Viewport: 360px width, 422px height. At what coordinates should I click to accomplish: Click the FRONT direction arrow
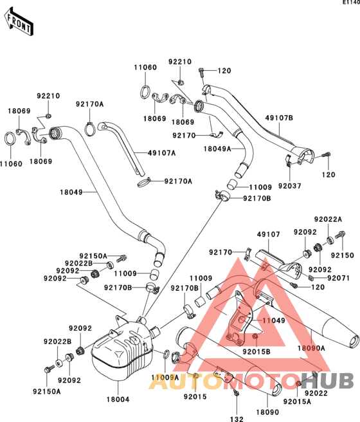tap(18, 22)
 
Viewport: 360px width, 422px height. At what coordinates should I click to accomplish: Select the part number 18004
tap(118, 399)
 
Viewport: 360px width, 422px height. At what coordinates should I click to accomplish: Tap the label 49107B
tap(279, 118)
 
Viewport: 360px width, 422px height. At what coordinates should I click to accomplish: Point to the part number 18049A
tap(217, 149)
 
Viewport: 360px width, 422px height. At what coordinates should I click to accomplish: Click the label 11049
tap(274, 320)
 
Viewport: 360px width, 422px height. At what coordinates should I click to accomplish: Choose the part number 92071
tap(339, 278)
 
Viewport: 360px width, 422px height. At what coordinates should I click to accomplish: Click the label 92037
tap(289, 186)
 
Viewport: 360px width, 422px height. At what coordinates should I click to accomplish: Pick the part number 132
tap(237, 419)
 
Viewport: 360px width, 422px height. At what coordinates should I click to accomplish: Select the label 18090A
tap(311, 348)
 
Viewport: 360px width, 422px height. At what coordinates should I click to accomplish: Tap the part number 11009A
tap(165, 378)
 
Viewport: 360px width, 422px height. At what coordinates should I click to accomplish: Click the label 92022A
tap(328, 219)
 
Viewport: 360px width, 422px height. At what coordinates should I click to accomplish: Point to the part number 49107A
tap(161, 153)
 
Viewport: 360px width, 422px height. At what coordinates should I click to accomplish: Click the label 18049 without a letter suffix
tap(71, 192)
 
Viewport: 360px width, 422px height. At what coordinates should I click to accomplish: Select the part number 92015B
tap(256, 352)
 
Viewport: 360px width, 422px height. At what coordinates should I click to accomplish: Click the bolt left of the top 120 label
tap(201, 71)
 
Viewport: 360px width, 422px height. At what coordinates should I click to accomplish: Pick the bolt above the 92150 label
tap(340, 235)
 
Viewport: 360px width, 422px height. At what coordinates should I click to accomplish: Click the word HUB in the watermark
tap(327, 381)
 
